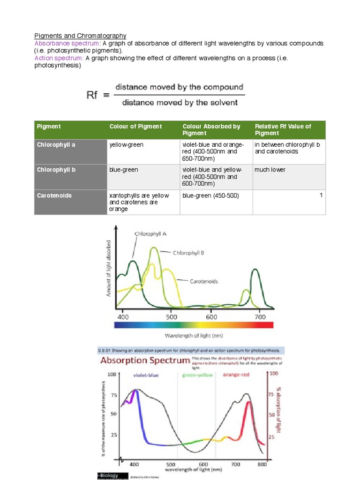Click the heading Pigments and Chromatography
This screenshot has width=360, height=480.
tap(80, 36)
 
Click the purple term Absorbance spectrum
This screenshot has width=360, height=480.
tap(59, 43)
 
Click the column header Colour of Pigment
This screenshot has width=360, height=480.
tap(135, 127)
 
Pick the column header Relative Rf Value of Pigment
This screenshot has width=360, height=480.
tap(283, 130)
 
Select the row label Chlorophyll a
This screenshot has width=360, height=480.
tap(56, 145)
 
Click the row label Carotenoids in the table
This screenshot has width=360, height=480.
tap(54, 195)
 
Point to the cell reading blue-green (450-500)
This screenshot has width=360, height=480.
tap(210, 195)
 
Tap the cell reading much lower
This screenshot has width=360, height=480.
tap(270, 170)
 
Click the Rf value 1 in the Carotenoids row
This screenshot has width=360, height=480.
tap(321, 195)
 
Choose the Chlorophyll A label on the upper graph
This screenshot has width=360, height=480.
tap(150, 233)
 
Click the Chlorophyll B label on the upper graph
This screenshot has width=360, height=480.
tap(188, 253)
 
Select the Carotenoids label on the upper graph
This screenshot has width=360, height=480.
tap(204, 281)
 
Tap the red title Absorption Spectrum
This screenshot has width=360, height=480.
tap(143, 361)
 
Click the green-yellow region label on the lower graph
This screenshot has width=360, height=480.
tap(197, 375)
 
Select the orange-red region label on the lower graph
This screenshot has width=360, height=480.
tap(236, 375)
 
